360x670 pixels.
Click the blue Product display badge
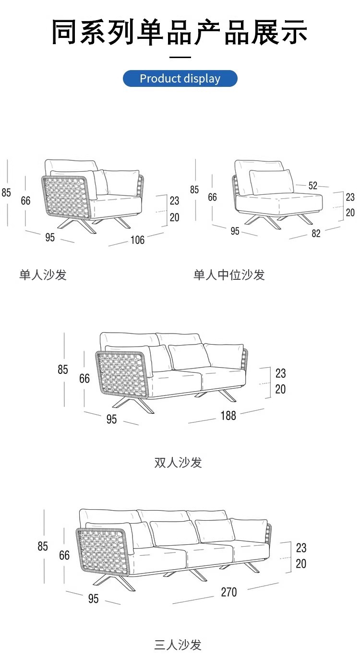(x=180, y=79)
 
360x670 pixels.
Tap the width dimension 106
(x=137, y=239)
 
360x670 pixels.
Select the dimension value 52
(x=313, y=185)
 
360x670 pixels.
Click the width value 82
(x=316, y=234)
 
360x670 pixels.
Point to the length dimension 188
(x=228, y=416)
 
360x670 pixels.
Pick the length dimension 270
(x=228, y=592)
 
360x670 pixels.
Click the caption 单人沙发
(x=43, y=275)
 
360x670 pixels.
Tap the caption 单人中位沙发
(x=229, y=275)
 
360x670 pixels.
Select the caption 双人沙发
(x=178, y=462)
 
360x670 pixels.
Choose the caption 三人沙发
(x=178, y=645)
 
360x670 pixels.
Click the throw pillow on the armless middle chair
(x=272, y=181)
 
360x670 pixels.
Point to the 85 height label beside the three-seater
(x=43, y=546)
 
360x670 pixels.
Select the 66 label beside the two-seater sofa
(x=84, y=379)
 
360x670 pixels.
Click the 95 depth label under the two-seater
(x=111, y=419)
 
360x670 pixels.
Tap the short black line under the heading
(x=180, y=57)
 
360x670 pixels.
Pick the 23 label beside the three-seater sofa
(x=301, y=548)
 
